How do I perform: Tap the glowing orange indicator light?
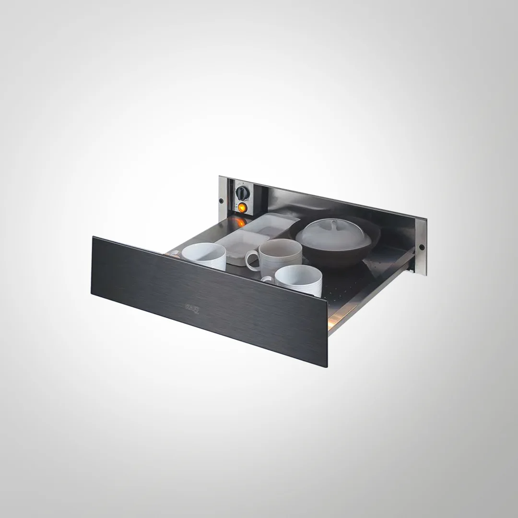click(x=242, y=208)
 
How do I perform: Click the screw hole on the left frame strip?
click(x=221, y=200)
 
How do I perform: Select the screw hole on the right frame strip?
click(x=422, y=247)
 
